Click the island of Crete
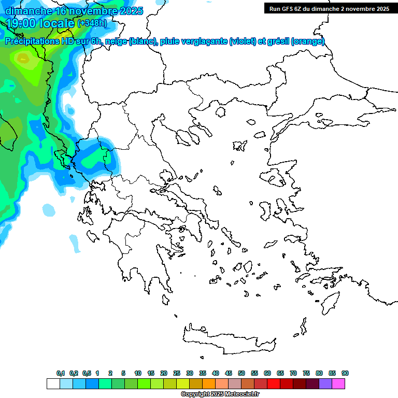tap(228, 340)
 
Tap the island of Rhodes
tap(330, 301)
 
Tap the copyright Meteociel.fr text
tap(220, 394)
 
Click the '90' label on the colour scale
tap(345, 373)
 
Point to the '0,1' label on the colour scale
tap(60, 373)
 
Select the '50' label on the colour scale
tap(241, 373)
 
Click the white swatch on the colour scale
tap(53, 383)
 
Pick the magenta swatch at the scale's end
tap(338, 383)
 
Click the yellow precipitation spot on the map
tap(23, 59)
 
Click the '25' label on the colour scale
tap(177, 373)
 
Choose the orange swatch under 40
tap(209, 383)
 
